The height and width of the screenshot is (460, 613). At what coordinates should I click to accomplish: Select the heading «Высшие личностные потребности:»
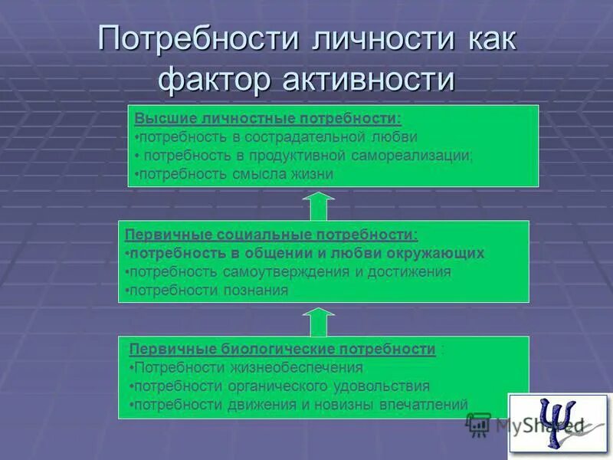tap(267, 119)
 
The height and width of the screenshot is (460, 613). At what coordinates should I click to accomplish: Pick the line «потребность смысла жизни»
tap(234, 174)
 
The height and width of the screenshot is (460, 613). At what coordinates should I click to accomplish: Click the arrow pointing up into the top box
tap(319, 206)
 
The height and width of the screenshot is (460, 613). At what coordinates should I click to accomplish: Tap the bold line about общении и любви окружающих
tap(304, 253)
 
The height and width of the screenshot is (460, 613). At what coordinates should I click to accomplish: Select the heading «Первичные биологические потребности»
tap(282, 349)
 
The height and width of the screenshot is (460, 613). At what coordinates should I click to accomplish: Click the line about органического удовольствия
tap(280, 386)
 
